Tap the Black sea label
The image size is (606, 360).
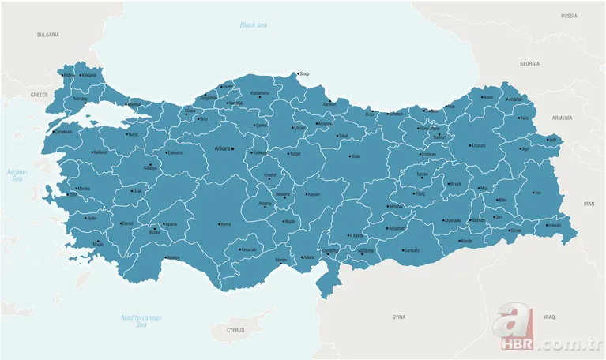[x=254, y=25]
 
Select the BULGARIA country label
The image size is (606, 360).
[x=48, y=35]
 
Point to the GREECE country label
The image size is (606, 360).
[x=39, y=94]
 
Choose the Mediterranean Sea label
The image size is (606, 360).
[x=141, y=321]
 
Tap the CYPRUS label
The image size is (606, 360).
[x=236, y=329]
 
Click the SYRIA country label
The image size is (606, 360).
[x=399, y=317]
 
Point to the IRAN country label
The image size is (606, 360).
[x=588, y=204]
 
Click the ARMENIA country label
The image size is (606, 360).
[x=562, y=118]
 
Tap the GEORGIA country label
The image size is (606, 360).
[x=529, y=63]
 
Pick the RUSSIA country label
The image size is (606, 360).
[x=569, y=16]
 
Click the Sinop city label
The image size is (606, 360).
[x=305, y=74]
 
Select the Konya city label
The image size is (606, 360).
[x=225, y=223]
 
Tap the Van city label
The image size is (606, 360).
[x=538, y=193]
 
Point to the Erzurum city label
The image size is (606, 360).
[x=478, y=145]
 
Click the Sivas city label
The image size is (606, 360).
[x=356, y=156]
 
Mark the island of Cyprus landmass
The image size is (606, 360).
[x=237, y=324]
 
